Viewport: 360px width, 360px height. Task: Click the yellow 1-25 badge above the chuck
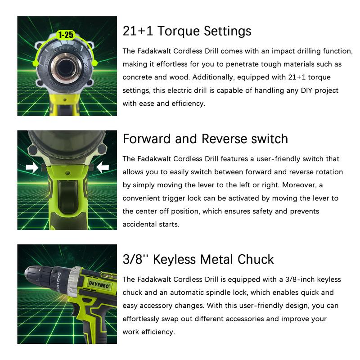click(66, 35)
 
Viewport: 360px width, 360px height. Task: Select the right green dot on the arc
click(94, 63)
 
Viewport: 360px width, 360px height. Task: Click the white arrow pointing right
click(32, 167)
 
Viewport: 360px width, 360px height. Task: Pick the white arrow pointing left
click(103, 167)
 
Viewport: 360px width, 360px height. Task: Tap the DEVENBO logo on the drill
click(99, 285)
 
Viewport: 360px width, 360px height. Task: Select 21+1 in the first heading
click(138, 31)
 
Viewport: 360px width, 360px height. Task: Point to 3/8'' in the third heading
click(135, 260)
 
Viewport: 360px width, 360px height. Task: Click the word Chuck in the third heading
click(256, 260)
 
